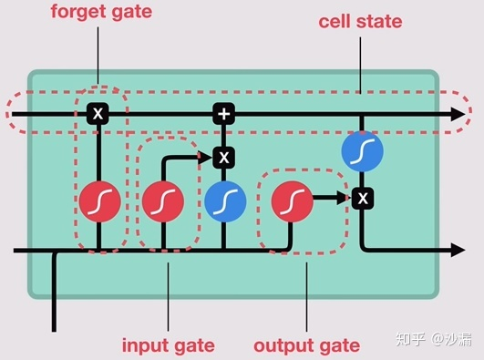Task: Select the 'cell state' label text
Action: coord(360,21)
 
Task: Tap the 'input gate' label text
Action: coord(168,345)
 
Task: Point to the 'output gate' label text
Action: coord(306,345)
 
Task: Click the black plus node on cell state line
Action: coord(223,114)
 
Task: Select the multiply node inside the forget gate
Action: coord(98,114)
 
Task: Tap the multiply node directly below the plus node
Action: coord(223,158)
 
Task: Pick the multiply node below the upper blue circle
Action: coord(362,196)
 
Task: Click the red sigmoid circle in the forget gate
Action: coord(98,202)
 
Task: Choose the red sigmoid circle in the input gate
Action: coord(163,202)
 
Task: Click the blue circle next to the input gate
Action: coord(223,202)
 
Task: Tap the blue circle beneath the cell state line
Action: coord(362,152)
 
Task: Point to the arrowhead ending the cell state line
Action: coord(457,114)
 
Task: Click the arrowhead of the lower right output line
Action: coord(457,249)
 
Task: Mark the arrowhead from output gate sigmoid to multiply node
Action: coord(344,196)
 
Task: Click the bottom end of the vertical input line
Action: coord(56,328)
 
